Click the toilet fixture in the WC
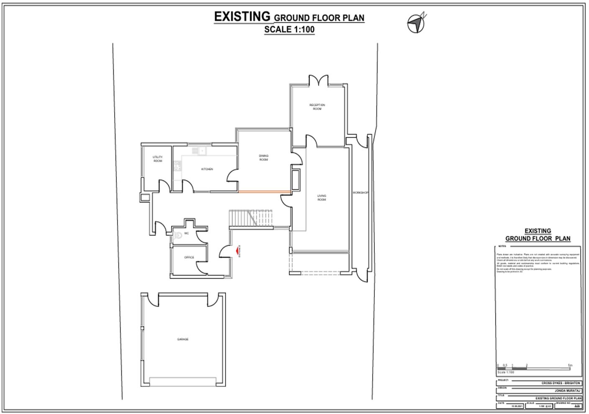point(179,235)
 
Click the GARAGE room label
point(182,339)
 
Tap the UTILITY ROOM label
point(158,159)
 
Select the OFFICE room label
point(189,257)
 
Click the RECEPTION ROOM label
point(317,107)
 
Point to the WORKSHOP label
point(360,192)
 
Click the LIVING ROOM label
point(321,197)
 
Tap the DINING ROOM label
point(264,157)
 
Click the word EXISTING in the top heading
point(242,16)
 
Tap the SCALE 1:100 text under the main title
point(289,30)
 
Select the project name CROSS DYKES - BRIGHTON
point(561,383)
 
